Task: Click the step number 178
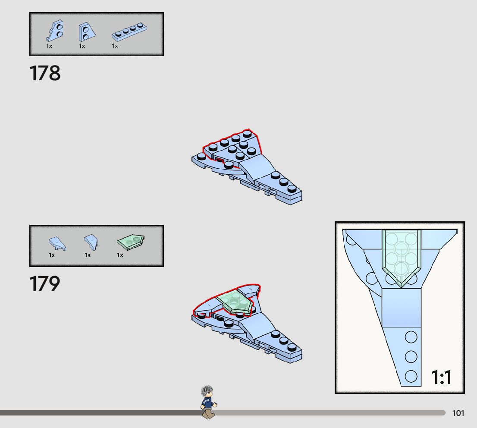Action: point(45,73)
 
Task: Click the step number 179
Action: point(45,284)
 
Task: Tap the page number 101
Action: point(458,413)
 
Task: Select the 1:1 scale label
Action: point(441,378)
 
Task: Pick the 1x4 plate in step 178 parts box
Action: point(130,33)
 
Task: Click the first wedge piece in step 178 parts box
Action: point(55,31)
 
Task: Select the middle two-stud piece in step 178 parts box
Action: point(86,32)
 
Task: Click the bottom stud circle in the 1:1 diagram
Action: point(411,376)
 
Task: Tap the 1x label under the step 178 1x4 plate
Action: point(115,46)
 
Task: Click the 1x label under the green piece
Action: point(120,255)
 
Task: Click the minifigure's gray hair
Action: point(207,391)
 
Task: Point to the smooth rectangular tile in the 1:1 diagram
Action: point(401,307)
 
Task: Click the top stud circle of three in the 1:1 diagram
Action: point(411,337)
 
